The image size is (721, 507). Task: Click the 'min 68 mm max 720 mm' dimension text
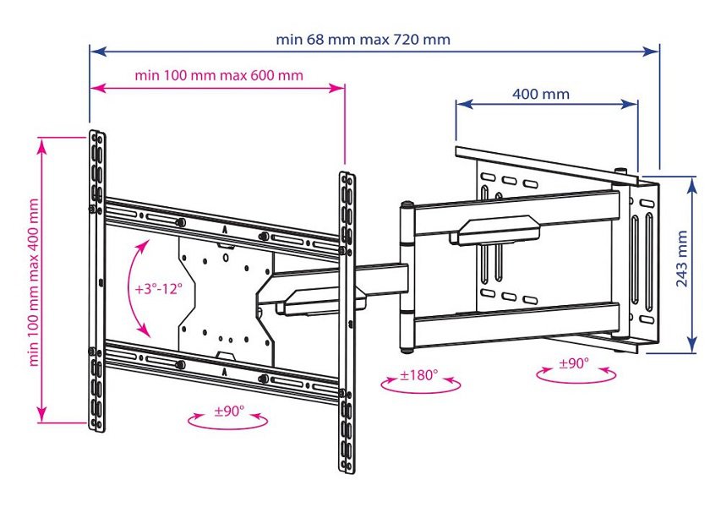pos(363,40)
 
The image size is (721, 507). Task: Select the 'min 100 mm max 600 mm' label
pos(218,75)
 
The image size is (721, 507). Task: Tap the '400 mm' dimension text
pos(541,94)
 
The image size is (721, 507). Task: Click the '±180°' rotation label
pos(419,373)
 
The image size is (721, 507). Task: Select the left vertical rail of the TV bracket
pos(96,279)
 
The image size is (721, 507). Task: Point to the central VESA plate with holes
pos(224,296)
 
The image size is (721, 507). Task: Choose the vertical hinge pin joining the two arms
pos(407,275)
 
